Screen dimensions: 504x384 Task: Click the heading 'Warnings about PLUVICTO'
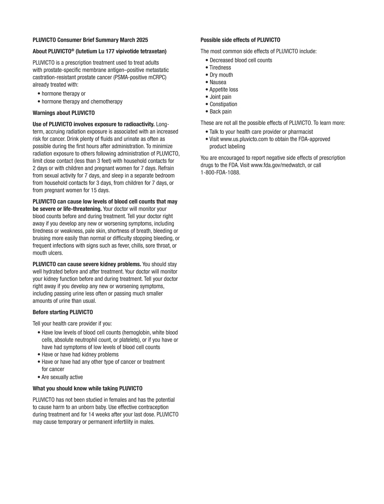pos(64,113)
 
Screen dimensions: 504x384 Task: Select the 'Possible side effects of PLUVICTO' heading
pos(240,40)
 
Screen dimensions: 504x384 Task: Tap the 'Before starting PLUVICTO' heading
pos(63,312)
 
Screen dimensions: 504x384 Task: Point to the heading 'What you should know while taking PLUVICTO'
pos(88,388)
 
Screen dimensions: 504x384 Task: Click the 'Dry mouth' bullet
pos(221,75)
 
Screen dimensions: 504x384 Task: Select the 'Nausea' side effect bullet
pos(218,82)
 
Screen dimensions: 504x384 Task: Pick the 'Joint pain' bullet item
pos(220,97)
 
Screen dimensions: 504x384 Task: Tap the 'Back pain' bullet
pos(220,112)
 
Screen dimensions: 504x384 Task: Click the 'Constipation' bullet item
pos(223,104)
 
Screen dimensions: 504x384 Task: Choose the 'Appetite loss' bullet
pos(224,90)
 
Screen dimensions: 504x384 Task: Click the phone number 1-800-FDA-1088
pos(220,172)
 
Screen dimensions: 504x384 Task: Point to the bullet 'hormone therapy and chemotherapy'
pos(82,102)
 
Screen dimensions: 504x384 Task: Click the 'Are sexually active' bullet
pos(62,377)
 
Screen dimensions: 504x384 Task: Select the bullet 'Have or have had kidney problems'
pos(80,355)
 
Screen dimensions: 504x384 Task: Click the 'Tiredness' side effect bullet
pos(220,68)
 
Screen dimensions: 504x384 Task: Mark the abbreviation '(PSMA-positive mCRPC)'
pos(140,77)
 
